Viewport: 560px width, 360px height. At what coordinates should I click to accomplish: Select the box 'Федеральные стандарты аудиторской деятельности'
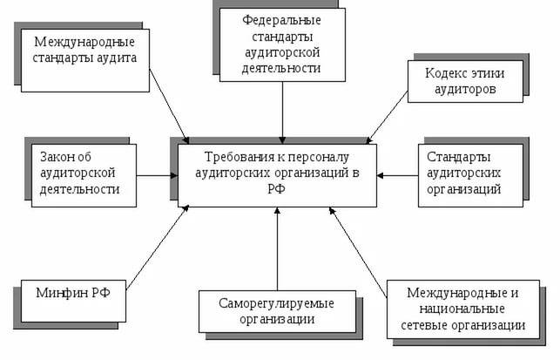(281, 43)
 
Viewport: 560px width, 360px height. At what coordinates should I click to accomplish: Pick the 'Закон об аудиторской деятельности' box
(79, 173)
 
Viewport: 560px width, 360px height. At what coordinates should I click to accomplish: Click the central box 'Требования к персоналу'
(274, 174)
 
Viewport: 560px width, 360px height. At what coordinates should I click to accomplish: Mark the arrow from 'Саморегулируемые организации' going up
(276, 248)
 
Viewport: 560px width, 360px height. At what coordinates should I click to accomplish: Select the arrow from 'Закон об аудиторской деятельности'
(158, 174)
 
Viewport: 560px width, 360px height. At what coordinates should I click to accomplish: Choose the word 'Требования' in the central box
(234, 158)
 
